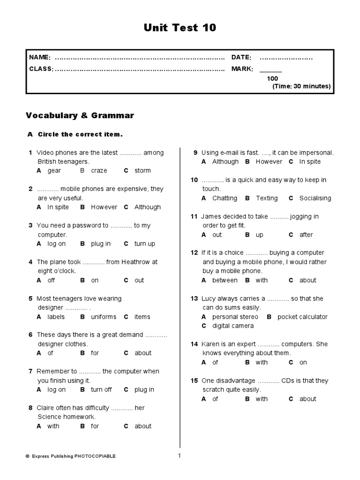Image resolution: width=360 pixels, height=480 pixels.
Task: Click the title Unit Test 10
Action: point(180,28)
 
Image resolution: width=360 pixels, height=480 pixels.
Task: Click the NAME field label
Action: point(40,57)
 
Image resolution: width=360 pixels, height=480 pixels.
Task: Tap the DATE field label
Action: point(241,57)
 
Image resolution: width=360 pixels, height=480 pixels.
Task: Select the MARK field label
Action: point(242,69)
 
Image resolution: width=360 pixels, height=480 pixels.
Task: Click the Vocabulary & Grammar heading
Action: point(80,115)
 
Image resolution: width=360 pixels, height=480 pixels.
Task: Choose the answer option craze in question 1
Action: point(99,171)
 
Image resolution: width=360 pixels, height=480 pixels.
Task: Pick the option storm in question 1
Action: point(142,171)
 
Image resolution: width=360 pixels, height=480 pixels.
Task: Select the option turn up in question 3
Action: point(144,244)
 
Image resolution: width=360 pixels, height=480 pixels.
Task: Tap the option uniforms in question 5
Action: point(104,317)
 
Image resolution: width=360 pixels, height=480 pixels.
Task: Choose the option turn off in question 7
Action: point(101,390)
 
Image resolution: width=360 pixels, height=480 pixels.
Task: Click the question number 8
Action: point(30,408)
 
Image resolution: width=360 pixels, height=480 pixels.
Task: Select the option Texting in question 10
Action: point(267,198)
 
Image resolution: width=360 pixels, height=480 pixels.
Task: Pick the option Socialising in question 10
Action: point(315,198)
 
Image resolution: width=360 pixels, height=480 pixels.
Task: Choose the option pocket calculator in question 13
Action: point(302,317)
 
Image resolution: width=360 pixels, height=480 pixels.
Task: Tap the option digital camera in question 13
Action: point(233,326)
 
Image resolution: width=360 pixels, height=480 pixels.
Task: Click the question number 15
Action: point(195,381)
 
